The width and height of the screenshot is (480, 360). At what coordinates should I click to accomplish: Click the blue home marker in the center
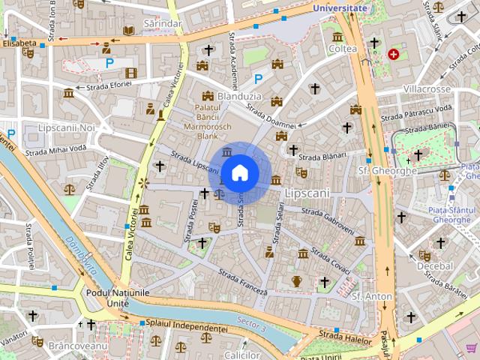(x=239, y=172)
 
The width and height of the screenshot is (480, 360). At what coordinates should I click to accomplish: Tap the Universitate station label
(x=341, y=8)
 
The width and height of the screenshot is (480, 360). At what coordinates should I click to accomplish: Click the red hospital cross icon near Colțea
(x=393, y=54)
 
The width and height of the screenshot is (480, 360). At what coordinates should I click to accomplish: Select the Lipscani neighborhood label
(x=307, y=193)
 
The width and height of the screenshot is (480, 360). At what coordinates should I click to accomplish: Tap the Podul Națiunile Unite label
(x=118, y=297)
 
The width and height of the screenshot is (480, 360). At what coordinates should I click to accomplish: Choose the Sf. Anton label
(x=372, y=296)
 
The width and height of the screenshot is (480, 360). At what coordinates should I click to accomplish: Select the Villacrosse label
(x=427, y=89)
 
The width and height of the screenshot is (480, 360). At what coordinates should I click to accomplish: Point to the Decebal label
(x=435, y=266)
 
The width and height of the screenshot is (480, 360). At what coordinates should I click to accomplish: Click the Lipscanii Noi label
(x=67, y=128)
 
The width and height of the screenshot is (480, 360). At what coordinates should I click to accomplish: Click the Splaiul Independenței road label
(x=187, y=328)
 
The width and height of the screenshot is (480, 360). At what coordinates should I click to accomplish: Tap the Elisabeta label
(x=19, y=43)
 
